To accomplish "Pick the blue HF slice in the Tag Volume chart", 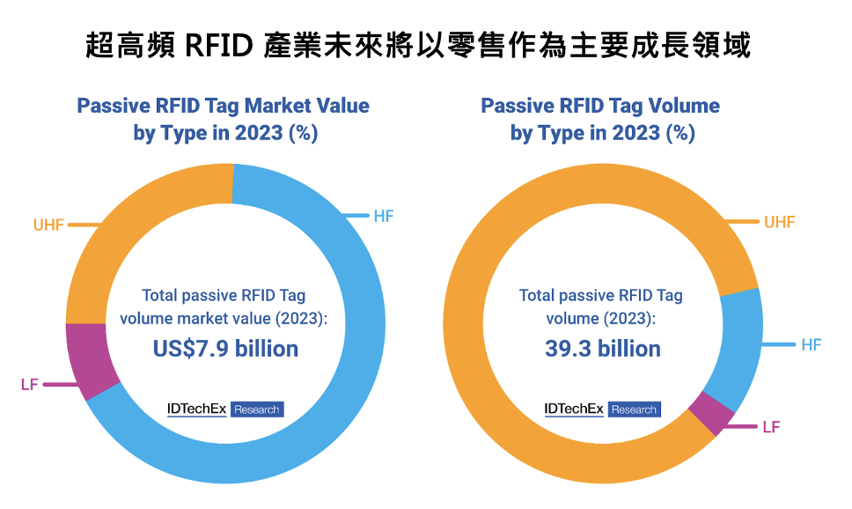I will pos(740,343).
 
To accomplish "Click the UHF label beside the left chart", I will pos(48,225).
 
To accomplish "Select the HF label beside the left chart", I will pos(384,216).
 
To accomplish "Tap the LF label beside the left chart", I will pos(29,385).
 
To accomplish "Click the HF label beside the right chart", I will pos(811,344).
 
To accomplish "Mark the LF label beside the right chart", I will pos(771,427).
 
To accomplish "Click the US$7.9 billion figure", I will pos(225,349).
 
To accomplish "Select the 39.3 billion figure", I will pos(603,349).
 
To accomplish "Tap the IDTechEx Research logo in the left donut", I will pos(225,409).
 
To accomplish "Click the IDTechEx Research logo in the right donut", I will pos(602,409).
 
